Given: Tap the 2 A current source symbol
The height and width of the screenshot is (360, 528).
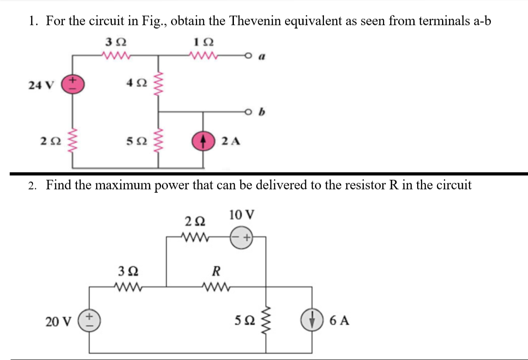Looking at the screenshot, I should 203,141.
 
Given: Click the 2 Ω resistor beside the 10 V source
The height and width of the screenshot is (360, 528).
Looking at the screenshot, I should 195,236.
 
